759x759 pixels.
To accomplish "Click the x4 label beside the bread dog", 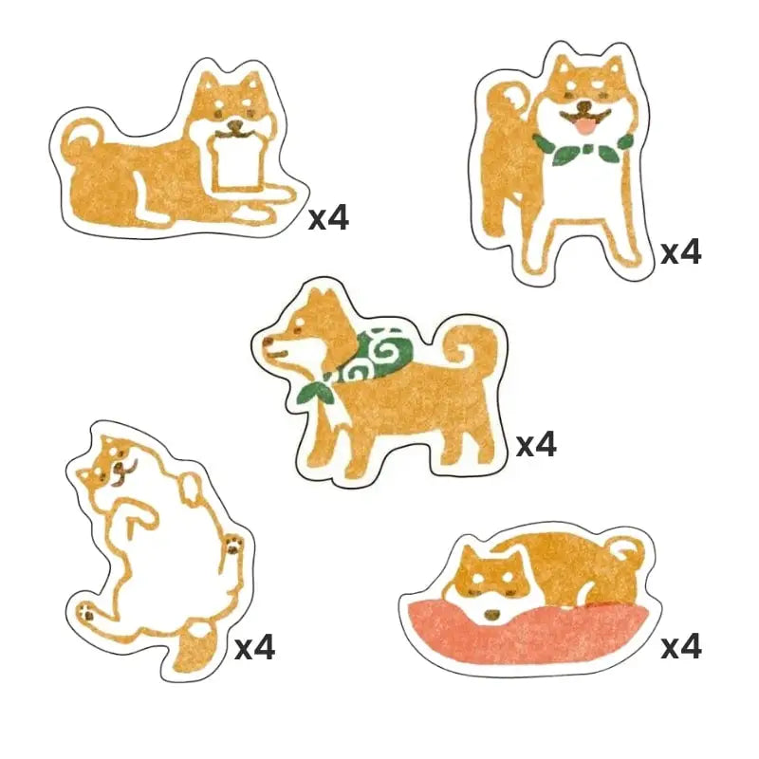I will pyautogui.click(x=328, y=219).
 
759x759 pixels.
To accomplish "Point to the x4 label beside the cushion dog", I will pyautogui.click(x=681, y=647).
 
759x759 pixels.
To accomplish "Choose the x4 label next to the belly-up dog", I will pyautogui.click(x=254, y=648).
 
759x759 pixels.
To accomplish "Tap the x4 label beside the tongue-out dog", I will pyautogui.click(x=681, y=252).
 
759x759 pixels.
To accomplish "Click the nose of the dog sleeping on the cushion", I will pyautogui.click(x=490, y=615).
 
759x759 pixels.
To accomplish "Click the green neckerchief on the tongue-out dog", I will pyautogui.click(x=581, y=148).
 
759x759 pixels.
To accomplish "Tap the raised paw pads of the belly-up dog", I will pyautogui.click(x=233, y=545).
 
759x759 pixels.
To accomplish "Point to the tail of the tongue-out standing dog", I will pyautogui.click(x=503, y=104).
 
